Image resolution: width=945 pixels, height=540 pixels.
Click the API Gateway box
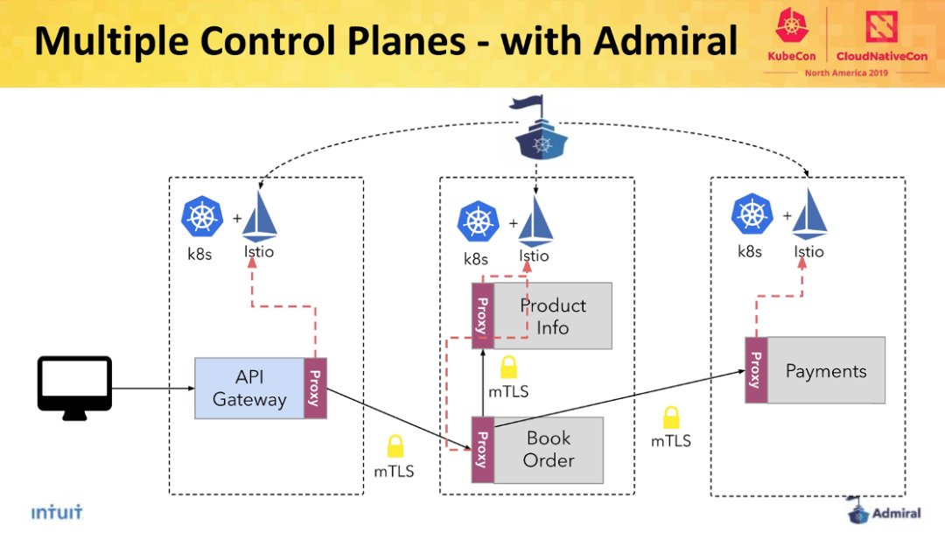[249, 388]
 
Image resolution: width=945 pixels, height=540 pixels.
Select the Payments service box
[826, 370]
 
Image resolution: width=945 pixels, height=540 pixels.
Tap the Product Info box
[553, 316]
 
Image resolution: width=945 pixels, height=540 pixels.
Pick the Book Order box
[549, 450]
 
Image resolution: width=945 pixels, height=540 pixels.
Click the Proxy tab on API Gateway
[315, 388]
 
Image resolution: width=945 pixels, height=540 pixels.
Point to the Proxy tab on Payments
[756, 370]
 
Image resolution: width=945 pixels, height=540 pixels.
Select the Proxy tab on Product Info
[483, 316]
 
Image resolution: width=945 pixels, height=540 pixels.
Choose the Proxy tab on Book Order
[483, 450]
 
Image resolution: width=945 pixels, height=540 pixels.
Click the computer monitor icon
[74, 388]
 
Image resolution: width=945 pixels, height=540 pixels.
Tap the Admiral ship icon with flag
[541, 129]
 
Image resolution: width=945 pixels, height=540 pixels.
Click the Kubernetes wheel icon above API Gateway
[202, 216]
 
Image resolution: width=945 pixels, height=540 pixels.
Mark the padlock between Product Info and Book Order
[508, 367]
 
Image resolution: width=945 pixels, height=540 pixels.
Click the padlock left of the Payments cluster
[671, 417]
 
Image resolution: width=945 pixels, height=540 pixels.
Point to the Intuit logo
[57, 512]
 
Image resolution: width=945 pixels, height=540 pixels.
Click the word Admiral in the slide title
[666, 41]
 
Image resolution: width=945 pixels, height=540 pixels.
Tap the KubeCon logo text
[791, 56]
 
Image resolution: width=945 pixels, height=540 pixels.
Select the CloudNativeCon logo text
[882, 56]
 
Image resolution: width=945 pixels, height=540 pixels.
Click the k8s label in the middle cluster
[475, 259]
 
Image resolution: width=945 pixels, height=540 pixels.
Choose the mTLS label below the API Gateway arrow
[394, 471]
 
